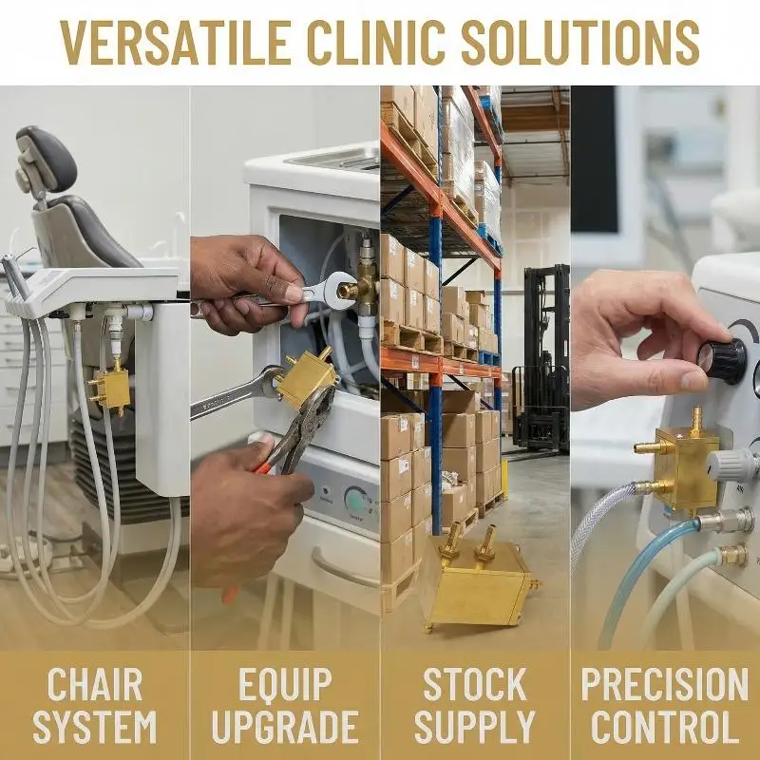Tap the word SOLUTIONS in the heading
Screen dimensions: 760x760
(580, 43)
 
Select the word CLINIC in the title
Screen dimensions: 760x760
(376, 43)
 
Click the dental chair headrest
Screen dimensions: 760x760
(45, 160)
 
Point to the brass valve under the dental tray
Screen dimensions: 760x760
(109, 388)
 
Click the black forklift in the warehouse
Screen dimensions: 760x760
(541, 359)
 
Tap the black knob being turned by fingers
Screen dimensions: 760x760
(722, 360)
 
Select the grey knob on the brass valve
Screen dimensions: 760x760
(731, 465)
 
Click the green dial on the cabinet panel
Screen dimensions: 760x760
(357, 503)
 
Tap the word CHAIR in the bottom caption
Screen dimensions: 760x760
(95, 684)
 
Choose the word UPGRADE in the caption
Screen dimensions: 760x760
(285, 726)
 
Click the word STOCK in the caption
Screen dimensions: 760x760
(474, 684)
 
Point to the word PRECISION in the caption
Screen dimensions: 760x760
(664, 684)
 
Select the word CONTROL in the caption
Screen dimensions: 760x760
(664, 726)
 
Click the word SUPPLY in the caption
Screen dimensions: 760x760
(474, 726)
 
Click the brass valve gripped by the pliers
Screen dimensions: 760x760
(307, 378)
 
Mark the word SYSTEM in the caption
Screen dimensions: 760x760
(95, 726)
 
